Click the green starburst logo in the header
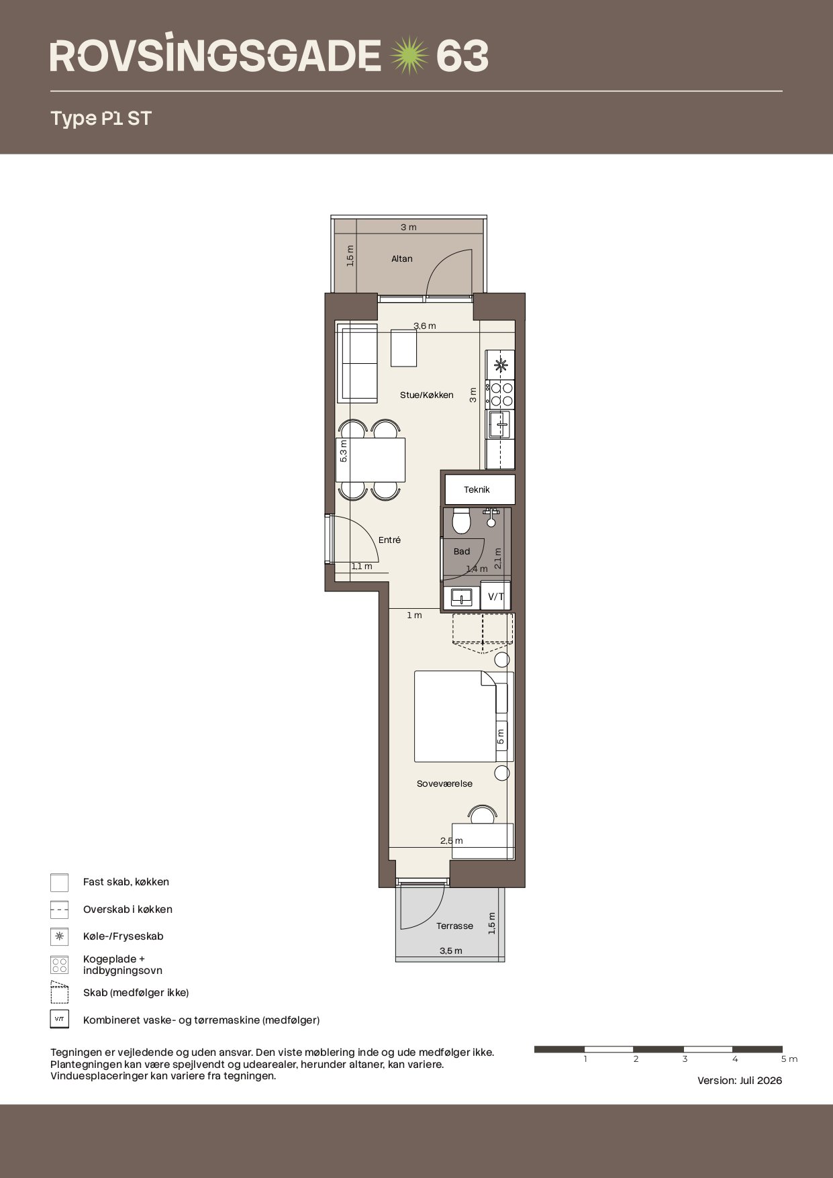coord(409,56)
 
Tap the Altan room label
coord(402,258)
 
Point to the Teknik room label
coord(477,489)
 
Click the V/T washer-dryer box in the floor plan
coord(496,596)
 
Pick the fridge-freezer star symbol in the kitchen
coord(500,365)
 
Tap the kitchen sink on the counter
coord(499,425)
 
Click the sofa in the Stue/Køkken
coord(360,362)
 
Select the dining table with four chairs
coord(371,460)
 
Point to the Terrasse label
coord(454,926)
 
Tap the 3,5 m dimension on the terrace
coord(451,950)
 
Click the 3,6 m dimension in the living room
coord(425,326)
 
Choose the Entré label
coord(389,540)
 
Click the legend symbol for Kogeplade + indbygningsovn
coord(60,965)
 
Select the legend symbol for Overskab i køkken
coord(60,910)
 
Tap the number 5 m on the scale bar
coord(789,1059)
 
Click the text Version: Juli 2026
coord(740,1081)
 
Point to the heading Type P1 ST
coord(101,119)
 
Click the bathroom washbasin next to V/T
coord(462,597)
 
